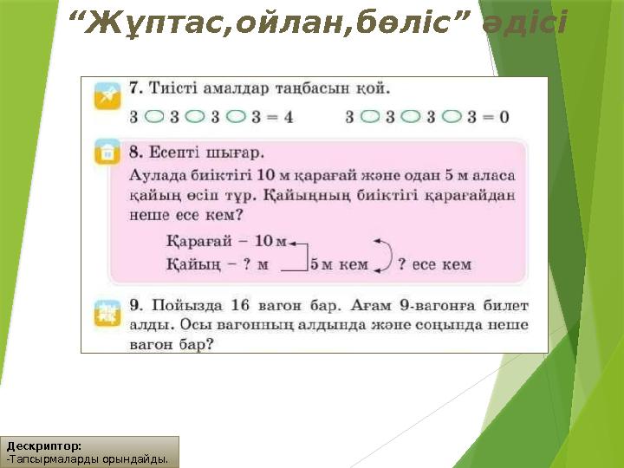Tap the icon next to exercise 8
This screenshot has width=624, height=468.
107,153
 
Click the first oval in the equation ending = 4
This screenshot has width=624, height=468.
154,115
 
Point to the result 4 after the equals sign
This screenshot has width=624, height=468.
288,115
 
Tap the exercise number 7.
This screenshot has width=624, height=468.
135,88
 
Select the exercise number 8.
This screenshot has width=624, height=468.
135,153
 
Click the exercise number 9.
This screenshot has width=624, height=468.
135,305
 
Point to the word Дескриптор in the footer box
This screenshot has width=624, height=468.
43,445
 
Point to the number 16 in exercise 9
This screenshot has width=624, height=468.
243,305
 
